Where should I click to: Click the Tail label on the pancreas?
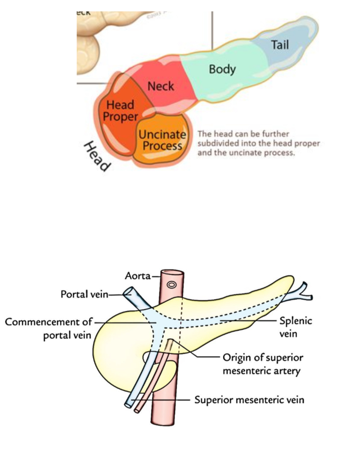click(280, 44)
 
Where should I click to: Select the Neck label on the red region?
click(161, 86)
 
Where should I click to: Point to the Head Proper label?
click(120, 110)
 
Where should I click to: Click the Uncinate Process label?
click(162, 140)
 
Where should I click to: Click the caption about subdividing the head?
click(259, 143)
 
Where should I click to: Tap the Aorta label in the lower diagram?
click(137, 276)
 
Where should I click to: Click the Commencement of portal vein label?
click(48, 328)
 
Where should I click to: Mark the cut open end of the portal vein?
click(128, 292)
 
